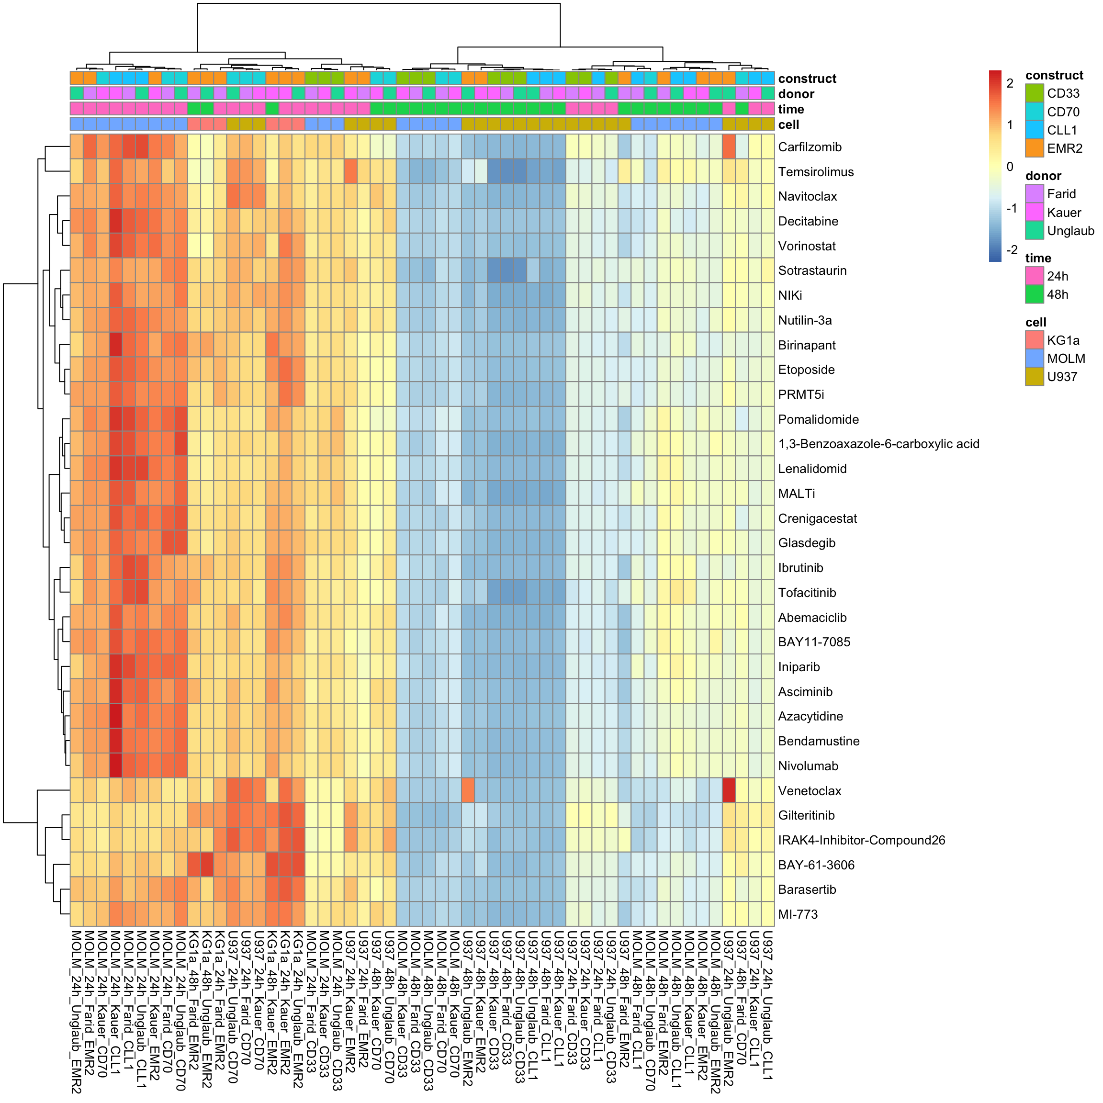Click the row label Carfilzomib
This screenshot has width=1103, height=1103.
810,147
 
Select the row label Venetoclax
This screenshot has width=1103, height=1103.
810,791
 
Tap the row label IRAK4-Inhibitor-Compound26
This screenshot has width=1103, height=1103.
861,840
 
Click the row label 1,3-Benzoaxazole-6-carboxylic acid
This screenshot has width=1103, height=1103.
878,444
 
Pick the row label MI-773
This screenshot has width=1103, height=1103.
798,914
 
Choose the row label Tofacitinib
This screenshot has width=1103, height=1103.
807,593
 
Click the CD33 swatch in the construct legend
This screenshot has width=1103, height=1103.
1035,93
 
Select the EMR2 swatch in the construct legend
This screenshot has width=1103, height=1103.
1035,148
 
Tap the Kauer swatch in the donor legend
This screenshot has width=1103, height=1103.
1035,213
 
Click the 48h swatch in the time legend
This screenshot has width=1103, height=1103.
1035,294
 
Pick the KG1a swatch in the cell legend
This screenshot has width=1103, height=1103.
1035,340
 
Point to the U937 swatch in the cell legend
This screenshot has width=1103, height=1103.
1035,377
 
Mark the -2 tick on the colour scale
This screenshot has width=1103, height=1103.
1011,249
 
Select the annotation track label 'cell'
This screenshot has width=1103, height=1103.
788,125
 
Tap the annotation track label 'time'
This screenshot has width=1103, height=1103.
791,110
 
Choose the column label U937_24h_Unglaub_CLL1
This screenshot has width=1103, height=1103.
768,1005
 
